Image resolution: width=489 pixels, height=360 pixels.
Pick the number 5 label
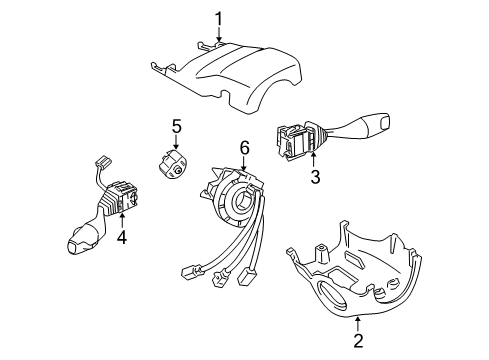coord(176,126)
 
